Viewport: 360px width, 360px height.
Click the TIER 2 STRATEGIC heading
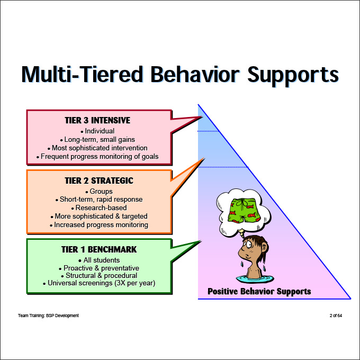98,181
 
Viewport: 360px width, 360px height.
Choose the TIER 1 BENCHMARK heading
98,249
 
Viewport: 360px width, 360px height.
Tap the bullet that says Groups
98,191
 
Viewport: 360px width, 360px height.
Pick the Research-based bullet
98,208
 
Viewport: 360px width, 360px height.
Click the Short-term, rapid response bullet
98,200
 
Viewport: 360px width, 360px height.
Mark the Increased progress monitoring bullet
98,225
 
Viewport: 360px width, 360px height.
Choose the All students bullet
98,260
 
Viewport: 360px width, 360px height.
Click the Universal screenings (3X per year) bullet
98,284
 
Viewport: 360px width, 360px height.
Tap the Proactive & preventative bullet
98,268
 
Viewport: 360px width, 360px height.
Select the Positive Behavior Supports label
259,291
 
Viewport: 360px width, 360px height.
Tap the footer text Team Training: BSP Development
48,316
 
